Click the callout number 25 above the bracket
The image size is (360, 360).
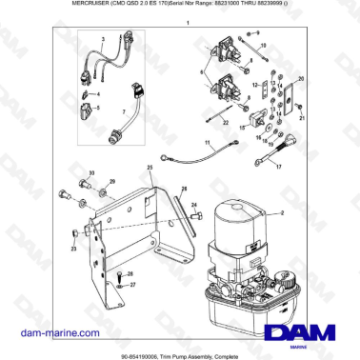[x=149, y=168]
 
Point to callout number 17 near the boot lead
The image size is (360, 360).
[x=278, y=166]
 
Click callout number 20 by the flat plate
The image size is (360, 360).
[x=301, y=79]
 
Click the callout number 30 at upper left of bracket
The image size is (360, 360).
[x=91, y=172]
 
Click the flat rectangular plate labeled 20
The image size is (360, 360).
[x=290, y=98]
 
